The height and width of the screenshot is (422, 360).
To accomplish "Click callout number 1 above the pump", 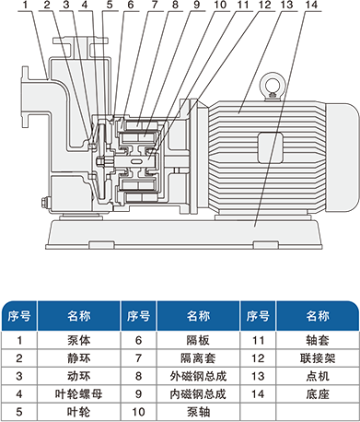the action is pyautogui.click(x=25, y=5).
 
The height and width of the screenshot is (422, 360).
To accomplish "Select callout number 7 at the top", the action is pyautogui.click(x=155, y=5).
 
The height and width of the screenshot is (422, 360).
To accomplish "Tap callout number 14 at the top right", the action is pyautogui.click(x=311, y=5).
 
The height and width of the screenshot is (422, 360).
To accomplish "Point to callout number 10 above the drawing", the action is pyautogui.click(x=220, y=5).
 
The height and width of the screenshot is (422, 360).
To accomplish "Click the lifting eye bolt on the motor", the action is pyautogui.click(x=273, y=86).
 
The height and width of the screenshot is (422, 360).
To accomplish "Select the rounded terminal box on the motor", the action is pyautogui.click(x=270, y=147).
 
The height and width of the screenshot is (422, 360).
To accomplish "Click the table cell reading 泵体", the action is pyautogui.click(x=79, y=340).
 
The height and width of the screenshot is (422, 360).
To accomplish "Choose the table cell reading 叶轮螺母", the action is pyautogui.click(x=79, y=393).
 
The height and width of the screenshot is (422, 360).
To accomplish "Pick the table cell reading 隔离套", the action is pyautogui.click(x=198, y=358).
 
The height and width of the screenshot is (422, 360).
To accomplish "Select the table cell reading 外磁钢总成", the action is pyautogui.click(x=198, y=376).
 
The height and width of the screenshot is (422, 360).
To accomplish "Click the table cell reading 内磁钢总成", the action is pyautogui.click(x=198, y=393).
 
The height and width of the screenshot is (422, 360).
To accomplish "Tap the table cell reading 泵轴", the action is pyautogui.click(x=198, y=412).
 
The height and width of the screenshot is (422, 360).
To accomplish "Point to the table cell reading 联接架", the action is pyautogui.click(x=318, y=358).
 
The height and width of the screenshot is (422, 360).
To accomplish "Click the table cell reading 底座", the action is pyautogui.click(x=318, y=393).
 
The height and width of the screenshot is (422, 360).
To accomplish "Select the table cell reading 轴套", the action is pyautogui.click(x=318, y=340).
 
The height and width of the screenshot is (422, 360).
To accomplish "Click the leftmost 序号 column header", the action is pyautogui.click(x=19, y=316).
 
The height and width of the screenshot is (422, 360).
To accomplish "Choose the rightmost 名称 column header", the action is pyautogui.click(x=318, y=316).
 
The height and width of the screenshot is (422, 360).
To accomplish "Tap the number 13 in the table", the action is pyautogui.click(x=258, y=376).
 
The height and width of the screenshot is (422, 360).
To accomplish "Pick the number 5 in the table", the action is pyautogui.click(x=19, y=412).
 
